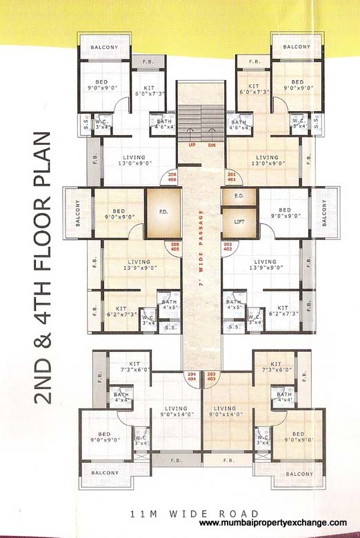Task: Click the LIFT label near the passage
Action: click(239, 222)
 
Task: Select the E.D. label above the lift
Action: click(239, 197)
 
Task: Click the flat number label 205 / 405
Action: click(174, 247)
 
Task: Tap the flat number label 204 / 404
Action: click(192, 377)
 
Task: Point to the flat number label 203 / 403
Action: click(211, 377)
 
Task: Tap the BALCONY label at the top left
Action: click(103, 48)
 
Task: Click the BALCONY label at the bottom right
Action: click(299, 474)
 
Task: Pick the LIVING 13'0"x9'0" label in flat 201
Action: click(266, 160)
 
